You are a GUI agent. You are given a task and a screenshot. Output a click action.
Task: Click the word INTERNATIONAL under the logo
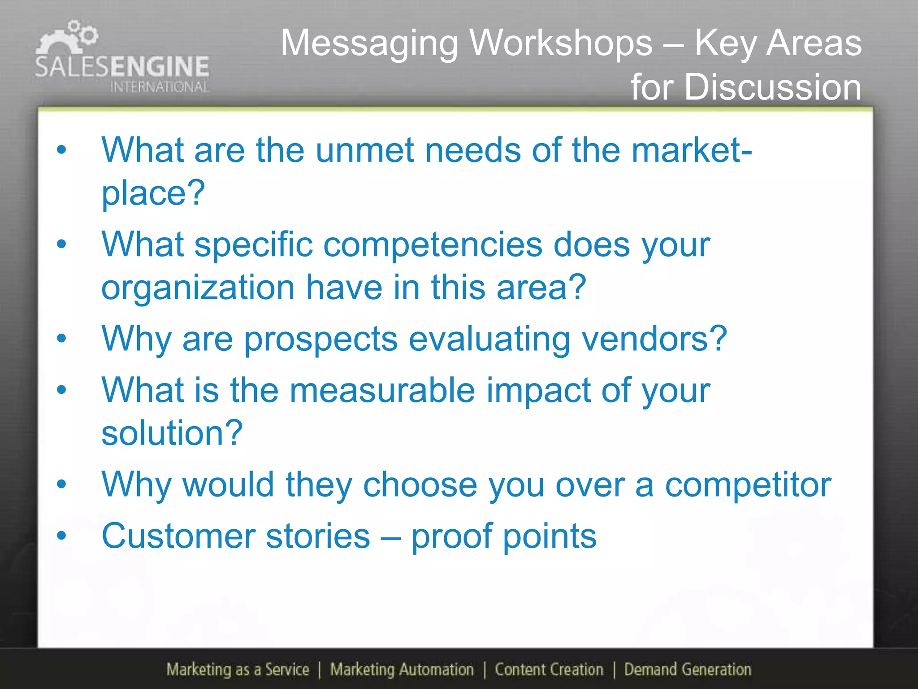pos(160,87)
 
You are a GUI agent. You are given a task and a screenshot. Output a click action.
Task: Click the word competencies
pos(433,245)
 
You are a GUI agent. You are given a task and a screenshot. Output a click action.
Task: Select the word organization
pos(198,288)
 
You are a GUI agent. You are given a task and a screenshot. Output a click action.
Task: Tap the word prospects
pos(320,339)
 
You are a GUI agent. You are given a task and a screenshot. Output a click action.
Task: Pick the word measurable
pos(382,390)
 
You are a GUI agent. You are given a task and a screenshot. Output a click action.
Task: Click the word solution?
pos(172,433)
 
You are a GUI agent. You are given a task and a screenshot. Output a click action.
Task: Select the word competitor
pos(748,485)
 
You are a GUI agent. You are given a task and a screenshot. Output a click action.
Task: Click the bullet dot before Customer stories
pos(61,535)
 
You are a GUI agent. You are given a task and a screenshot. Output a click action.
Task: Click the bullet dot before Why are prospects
pos(61,339)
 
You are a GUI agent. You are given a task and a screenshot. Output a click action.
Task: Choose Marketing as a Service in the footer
pos(238,670)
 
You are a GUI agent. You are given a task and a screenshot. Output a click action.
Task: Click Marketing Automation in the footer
pos(402,670)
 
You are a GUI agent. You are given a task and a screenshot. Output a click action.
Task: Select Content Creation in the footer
pos(549,670)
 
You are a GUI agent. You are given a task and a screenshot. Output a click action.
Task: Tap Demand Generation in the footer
pos(688,670)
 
